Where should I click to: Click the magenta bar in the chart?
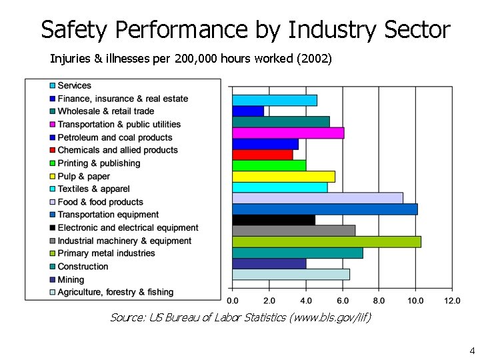point(288,133)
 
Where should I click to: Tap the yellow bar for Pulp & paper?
point(283,177)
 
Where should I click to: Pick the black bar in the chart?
point(273,220)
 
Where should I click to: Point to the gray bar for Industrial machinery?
point(293,231)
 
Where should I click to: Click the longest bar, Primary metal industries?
point(327,241)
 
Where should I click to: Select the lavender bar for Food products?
point(317,198)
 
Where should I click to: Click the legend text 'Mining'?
point(71,279)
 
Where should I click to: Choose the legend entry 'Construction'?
point(83,267)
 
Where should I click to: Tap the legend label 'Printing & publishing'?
point(99,163)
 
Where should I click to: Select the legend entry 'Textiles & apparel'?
point(93,189)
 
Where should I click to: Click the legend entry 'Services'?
point(74,85)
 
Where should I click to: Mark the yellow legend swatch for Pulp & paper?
point(52,177)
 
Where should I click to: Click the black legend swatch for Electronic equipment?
point(52,228)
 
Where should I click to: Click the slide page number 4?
point(472,351)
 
